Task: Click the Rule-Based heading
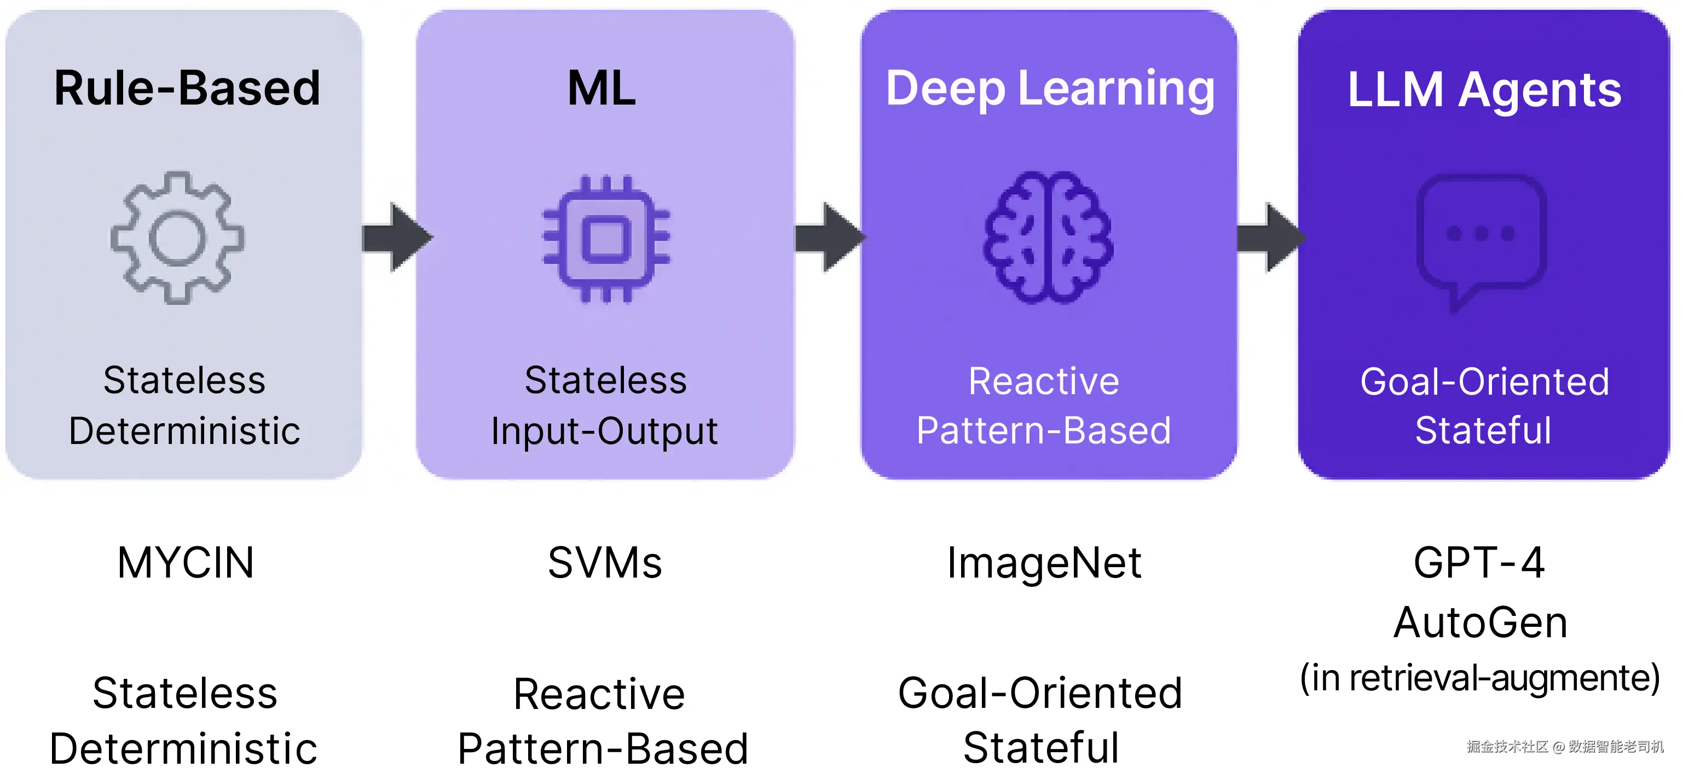tap(187, 88)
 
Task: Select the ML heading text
tap(602, 88)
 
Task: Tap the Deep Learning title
tap(1050, 90)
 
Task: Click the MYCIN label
tap(186, 563)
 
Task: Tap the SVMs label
tap(605, 563)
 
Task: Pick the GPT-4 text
tap(1479, 563)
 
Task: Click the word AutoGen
tap(1480, 622)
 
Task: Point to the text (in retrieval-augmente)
tap(1480, 678)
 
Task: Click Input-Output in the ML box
tap(604, 432)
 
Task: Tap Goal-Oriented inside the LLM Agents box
tap(1484, 382)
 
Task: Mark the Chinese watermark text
tap(1565, 746)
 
